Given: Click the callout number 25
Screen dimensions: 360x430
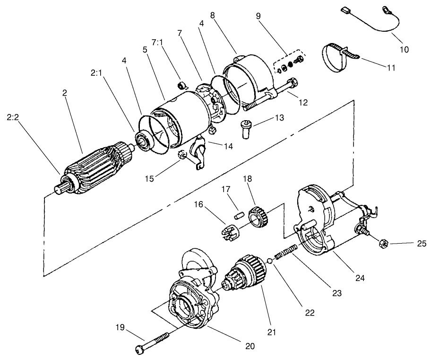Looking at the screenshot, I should (422, 244).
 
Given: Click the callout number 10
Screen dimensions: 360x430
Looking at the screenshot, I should (404, 49).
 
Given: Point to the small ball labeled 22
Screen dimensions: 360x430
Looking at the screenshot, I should (269, 260).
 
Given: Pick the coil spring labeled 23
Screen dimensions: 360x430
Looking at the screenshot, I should (285, 252).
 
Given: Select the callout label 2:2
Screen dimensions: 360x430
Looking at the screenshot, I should (14, 117).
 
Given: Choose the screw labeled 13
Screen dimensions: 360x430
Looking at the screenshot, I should (247, 128).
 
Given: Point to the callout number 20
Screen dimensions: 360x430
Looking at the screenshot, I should (249, 346).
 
